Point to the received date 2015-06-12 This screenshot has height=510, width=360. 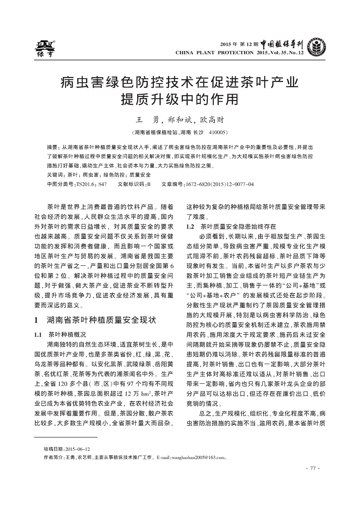coord(78,448)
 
